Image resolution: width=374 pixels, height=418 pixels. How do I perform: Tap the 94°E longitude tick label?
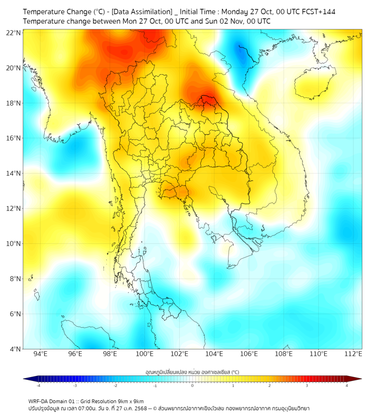(40, 354)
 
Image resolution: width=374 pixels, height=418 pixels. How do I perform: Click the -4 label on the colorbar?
(38, 385)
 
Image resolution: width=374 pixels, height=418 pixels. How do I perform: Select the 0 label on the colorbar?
(193, 385)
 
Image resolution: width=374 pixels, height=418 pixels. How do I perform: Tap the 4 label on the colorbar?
(347, 385)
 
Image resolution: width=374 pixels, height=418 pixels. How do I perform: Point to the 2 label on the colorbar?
(269, 385)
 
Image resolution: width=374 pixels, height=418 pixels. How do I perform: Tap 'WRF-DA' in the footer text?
(38, 401)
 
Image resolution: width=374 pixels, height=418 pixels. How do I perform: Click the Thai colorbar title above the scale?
(192, 372)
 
